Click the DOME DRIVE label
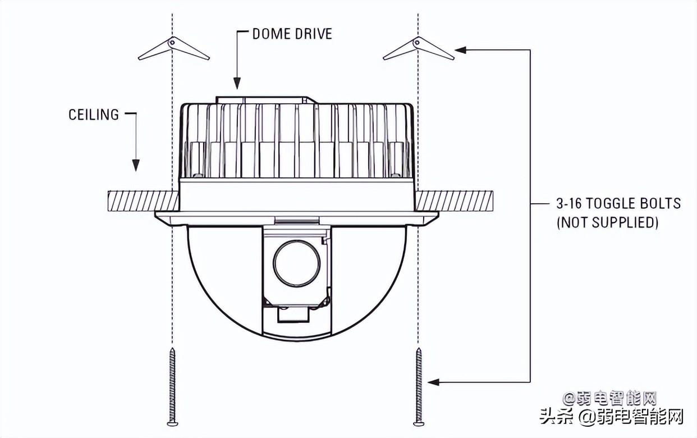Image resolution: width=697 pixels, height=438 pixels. (292, 34)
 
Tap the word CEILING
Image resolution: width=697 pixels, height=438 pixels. (94, 115)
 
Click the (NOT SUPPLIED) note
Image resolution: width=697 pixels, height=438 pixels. (607, 222)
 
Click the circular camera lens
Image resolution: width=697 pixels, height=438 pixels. (297, 263)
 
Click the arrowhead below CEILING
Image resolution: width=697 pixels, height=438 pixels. (135, 165)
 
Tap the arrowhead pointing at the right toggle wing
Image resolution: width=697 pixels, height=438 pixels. (461, 50)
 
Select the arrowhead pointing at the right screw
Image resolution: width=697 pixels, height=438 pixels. (433, 382)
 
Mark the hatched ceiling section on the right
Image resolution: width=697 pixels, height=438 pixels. (455, 200)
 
